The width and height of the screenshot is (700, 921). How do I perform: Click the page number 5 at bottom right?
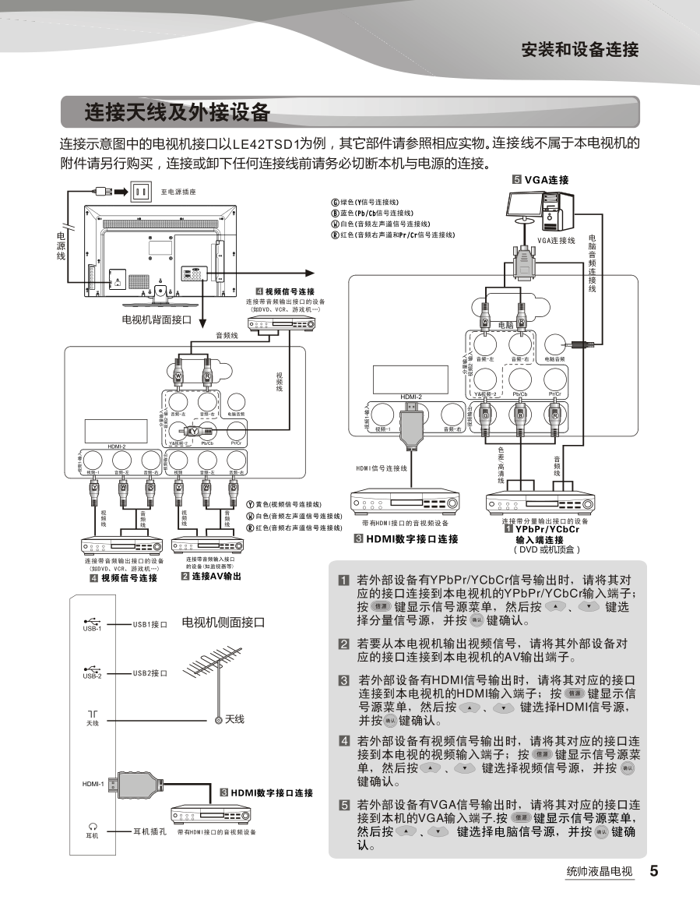click(x=655, y=871)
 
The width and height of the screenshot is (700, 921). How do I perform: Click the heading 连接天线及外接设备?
click(x=178, y=112)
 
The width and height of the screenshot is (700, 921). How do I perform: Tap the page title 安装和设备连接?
click(x=580, y=50)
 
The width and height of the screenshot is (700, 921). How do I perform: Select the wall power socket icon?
click(x=140, y=191)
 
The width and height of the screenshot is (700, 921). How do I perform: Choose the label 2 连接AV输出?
click(x=211, y=577)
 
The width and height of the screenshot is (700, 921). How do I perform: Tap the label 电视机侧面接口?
click(x=223, y=623)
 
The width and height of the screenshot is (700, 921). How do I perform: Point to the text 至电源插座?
click(x=178, y=192)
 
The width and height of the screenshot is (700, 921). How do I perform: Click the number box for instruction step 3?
click(x=343, y=679)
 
